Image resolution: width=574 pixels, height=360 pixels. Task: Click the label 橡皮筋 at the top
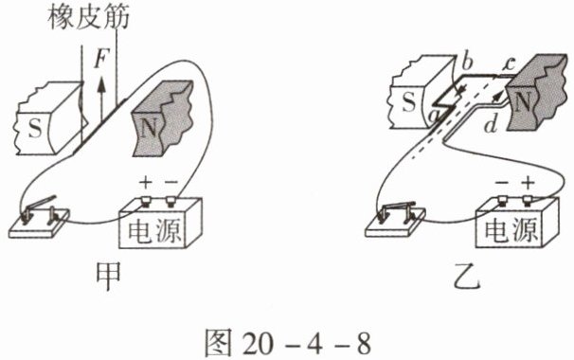[88, 17]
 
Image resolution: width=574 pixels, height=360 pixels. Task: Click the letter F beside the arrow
[100, 59]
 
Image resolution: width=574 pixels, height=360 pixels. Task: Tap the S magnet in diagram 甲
[50, 118]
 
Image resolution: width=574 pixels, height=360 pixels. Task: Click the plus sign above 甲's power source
[145, 182]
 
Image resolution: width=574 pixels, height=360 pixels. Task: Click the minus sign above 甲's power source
[170, 182]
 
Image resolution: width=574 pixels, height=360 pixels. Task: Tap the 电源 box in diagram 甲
[160, 223]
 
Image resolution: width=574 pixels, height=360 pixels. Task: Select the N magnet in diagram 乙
[537, 93]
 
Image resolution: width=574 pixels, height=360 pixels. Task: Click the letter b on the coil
[466, 63]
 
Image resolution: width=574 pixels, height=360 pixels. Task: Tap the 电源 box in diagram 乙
[517, 223]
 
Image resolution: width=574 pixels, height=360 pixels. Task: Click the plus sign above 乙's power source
[528, 182]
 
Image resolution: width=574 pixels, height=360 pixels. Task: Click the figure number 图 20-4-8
[288, 342]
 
